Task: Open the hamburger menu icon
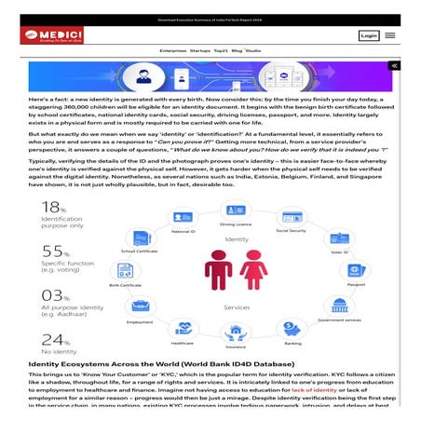pyautogui.click(x=390, y=35)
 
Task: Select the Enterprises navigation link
pyautogui.click(x=172, y=50)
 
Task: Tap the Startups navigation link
pyautogui.click(x=199, y=50)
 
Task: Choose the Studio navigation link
pyautogui.click(x=252, y=50)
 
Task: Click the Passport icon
pyautogui.click(x=355, y=271)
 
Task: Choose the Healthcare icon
pyautogui.click(x=183, y=329)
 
